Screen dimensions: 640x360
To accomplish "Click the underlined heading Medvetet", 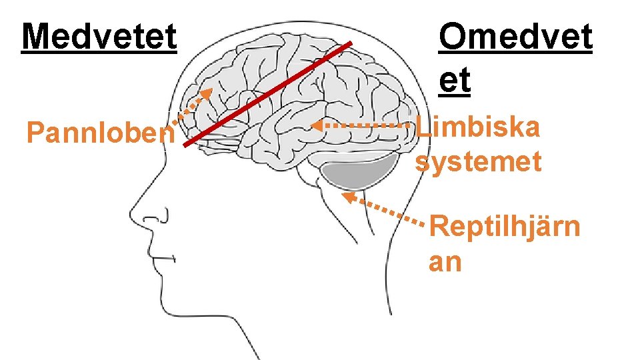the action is tap(99, 37).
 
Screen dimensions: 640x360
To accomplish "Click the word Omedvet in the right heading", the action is tap(515, 37).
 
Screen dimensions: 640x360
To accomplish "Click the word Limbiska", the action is tap(477, 126).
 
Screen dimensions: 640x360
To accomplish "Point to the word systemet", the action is tap(478, 162).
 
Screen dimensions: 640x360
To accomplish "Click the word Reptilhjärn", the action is tap(505, 227).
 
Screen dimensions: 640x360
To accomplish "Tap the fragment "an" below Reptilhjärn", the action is tap(445, 261).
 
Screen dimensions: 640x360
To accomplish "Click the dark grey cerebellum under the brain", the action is tap(357, 175).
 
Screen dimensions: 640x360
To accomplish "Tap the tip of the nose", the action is tap(131, 218).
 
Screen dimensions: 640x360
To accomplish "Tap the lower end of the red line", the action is tap(185, 145).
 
